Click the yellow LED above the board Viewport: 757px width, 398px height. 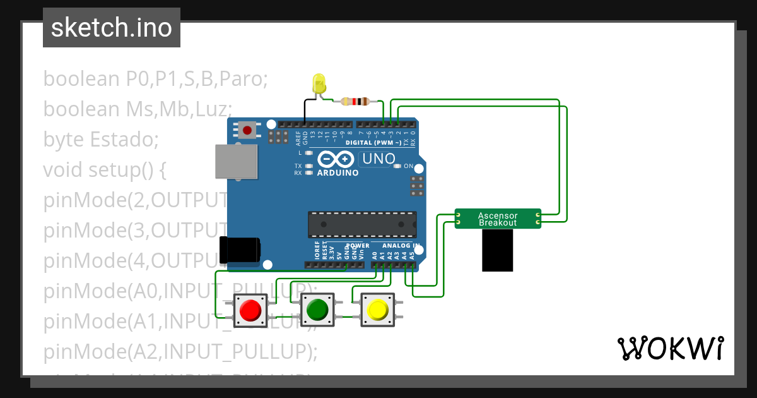[319, 84]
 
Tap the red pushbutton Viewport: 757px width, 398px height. [250, 310]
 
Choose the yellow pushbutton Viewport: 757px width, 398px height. [377, 310]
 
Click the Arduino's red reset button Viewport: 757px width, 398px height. [247, 130]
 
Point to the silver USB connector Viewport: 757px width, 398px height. [236, 162]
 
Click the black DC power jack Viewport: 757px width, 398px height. [239, 249]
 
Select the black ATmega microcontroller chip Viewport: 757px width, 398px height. [361, 225]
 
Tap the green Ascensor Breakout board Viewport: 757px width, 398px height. [498, 219]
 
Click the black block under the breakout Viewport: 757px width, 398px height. [498, 250]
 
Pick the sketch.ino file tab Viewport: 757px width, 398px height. [112, 28]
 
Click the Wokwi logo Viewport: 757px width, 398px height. [669, 348]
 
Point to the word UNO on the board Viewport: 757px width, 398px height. [378, 159]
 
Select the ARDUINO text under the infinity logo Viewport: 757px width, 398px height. [337, 172]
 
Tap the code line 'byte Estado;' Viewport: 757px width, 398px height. [101, 139]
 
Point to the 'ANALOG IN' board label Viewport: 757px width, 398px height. [401, 245]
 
